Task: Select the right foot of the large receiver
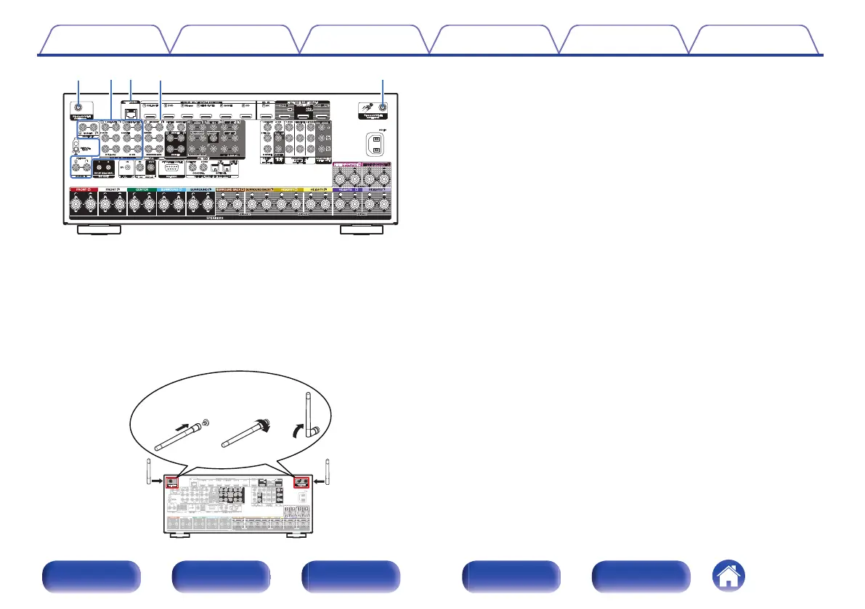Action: click(361, 231)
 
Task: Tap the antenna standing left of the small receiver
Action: click(148, 472)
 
